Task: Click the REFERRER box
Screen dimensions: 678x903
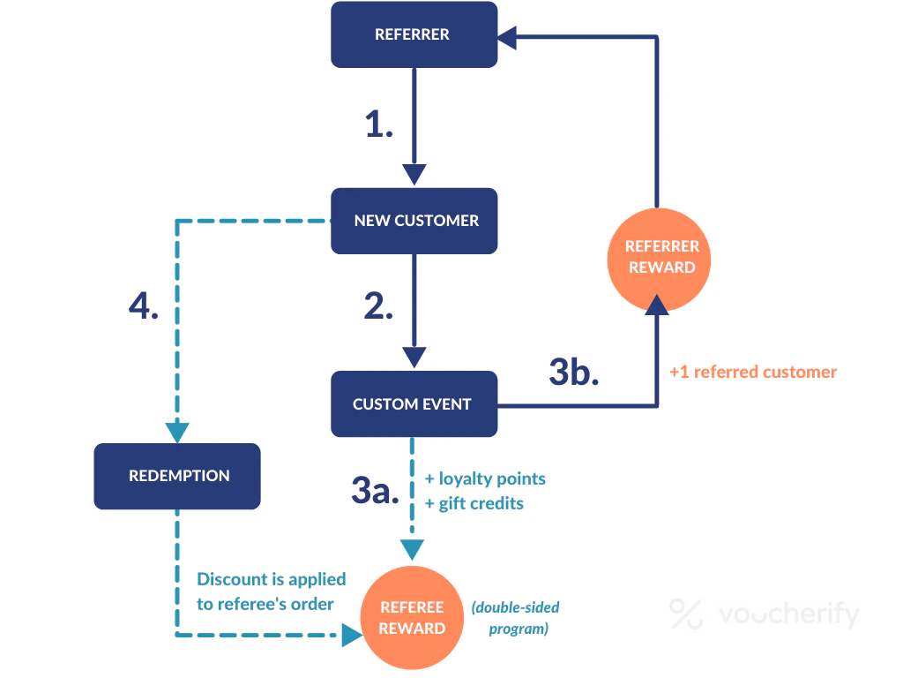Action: pos(414,35)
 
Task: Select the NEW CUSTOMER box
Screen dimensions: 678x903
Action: pos(414,221)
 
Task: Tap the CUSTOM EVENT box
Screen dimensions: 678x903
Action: pos(414,404)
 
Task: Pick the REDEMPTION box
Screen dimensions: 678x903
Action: pos(177,476)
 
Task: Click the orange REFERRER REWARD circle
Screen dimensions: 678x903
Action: pos(661,257)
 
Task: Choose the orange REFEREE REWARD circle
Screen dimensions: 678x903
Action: pos(412,618)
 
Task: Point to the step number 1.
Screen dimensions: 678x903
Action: pos(379,125)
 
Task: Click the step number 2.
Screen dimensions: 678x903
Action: pos(379,305)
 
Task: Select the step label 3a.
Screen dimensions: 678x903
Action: pos(377,490)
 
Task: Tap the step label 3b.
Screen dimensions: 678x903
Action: pos(574,372)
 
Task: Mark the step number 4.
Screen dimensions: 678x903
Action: pos(144,305)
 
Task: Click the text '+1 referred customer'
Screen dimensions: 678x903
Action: pos(752,372)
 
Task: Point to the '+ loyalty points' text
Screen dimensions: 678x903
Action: pos(485,478)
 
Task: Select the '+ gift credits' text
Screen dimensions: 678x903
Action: pos(474,503)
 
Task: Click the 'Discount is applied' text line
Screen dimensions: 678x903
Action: pos(271,579)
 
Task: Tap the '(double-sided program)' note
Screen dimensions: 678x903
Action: pos(515,618)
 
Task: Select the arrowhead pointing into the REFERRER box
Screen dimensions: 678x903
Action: pos(507,36)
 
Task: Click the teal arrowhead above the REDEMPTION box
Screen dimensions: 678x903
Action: pos(177,432)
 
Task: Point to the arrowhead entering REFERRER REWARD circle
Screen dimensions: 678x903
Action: pos(657,305)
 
